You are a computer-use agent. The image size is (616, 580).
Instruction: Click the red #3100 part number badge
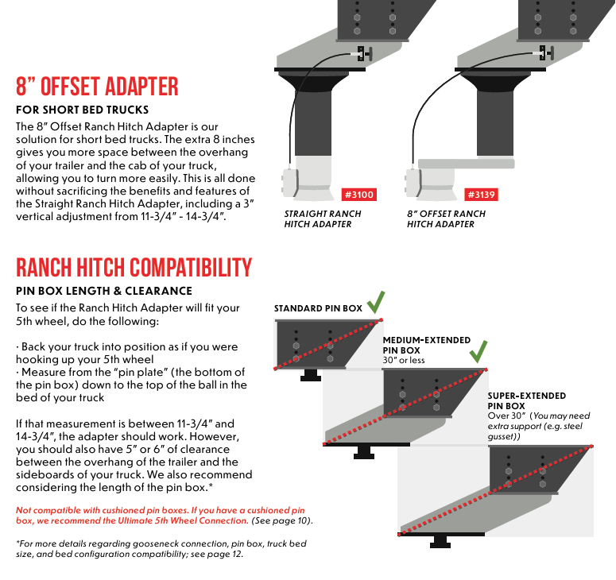(358, 195)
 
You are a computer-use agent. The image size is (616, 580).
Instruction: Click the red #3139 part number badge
(481, 195)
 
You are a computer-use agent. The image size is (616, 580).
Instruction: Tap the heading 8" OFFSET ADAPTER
(97, 86)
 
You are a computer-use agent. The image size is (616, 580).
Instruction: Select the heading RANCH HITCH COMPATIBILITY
(134, 268)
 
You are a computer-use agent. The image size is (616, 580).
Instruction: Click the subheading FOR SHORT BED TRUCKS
(82, 110)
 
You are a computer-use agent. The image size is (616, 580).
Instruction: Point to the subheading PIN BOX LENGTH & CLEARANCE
(103, 291)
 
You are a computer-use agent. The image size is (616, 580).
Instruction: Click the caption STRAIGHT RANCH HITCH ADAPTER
(323, 218)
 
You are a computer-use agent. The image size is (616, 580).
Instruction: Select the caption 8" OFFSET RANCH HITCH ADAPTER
(446, 218)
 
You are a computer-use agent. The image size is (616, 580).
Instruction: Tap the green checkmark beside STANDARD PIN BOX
(377, 303)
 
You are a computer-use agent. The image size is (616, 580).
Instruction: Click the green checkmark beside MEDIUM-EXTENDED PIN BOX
(478, 351)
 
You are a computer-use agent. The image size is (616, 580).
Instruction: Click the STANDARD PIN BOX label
(318, 308)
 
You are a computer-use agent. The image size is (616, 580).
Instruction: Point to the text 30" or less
(404, 360)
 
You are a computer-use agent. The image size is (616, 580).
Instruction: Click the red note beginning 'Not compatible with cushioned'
(161, 515)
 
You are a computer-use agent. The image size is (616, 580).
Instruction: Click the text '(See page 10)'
(283, 520)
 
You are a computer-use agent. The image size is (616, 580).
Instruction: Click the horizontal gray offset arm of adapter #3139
(457, 164)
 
